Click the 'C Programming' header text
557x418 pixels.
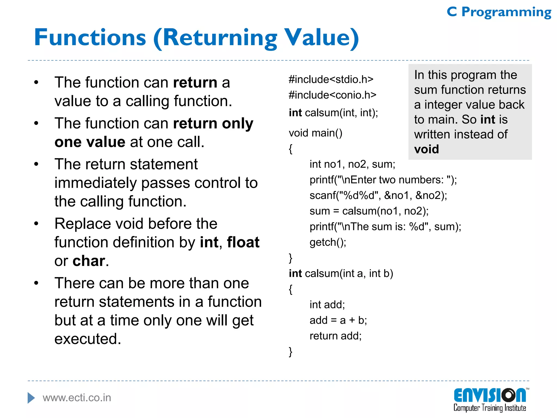[x=499, y=12]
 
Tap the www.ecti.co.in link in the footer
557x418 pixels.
[x=77, y=398]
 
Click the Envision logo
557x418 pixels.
[x=490, y=399]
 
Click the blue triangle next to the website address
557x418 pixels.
[x=31, y=398]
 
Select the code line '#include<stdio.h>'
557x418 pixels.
[x=331, y=79]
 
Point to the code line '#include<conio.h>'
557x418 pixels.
[x=332, y=95]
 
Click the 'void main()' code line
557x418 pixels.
[x=315, y=133]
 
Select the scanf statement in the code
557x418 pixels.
[x=378, y=195]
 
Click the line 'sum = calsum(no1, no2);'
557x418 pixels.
[x=369, y=211]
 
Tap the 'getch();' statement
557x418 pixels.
[x=328, y=242]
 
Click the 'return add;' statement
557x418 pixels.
[x=335, y=336]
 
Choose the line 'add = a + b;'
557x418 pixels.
[x=338, y=320]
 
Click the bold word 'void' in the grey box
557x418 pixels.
[x=426, y=149]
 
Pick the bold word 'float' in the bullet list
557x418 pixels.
[x=243, y=242]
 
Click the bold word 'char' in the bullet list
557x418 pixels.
[x=89, y=261]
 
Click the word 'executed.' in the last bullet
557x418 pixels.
[x=88, y=339]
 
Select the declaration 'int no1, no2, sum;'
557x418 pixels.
[x=352, y=164]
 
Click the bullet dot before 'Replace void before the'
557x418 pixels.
[x=36, y=224]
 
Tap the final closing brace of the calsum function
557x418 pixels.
[x=290, y=352]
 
